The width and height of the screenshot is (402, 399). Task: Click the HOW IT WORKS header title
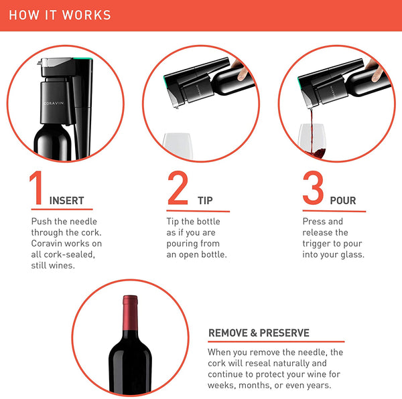(60, 15)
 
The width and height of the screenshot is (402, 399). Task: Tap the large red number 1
(36, 187)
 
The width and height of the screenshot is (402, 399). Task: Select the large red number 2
(178, 187)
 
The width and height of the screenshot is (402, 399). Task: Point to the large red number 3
(313, 187)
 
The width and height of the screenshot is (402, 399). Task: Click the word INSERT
(66, 201)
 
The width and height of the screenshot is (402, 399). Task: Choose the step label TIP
(205, 201)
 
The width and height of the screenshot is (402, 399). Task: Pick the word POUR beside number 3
(343, 201)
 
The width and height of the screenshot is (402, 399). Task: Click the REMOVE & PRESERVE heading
(259, 333)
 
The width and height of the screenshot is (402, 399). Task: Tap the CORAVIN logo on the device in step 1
(54, 103)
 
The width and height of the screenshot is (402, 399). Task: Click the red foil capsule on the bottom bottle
(130, 313)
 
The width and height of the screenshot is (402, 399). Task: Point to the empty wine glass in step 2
(178, 145)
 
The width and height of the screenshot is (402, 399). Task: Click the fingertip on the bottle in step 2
(241, 74)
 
